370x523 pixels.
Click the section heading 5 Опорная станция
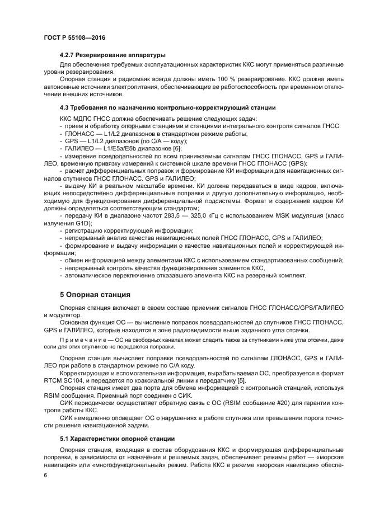click(95, 294)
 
